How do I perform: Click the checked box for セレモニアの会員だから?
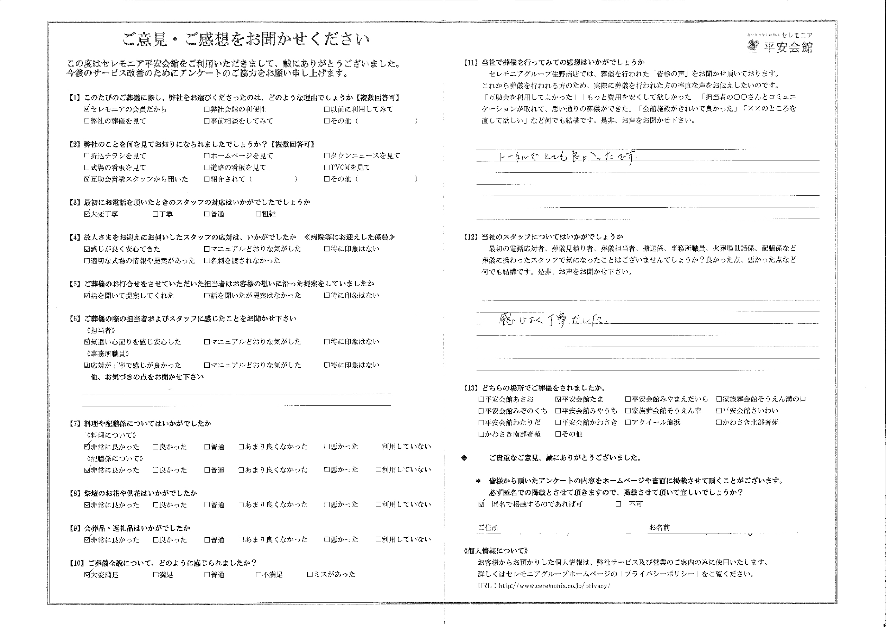(x=87, y=109)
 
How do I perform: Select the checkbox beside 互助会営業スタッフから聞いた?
(x=87, y=179)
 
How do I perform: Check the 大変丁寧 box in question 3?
(x=87, y=214)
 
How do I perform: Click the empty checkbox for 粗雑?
(x=258, y=214)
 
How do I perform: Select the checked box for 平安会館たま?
(x=558, y=399)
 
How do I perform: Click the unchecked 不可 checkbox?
(x=618, y=504)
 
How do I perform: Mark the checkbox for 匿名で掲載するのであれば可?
(x=481, y=504)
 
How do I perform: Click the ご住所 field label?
(x=488, y=528)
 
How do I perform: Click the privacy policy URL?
(x=554, y=586)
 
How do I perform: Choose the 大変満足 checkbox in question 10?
(x=87, y=574)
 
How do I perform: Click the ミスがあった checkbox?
(x=309, y=574)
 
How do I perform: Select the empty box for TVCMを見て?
(x=327, y=168)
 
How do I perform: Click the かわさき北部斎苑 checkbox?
(x=719, y=422)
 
